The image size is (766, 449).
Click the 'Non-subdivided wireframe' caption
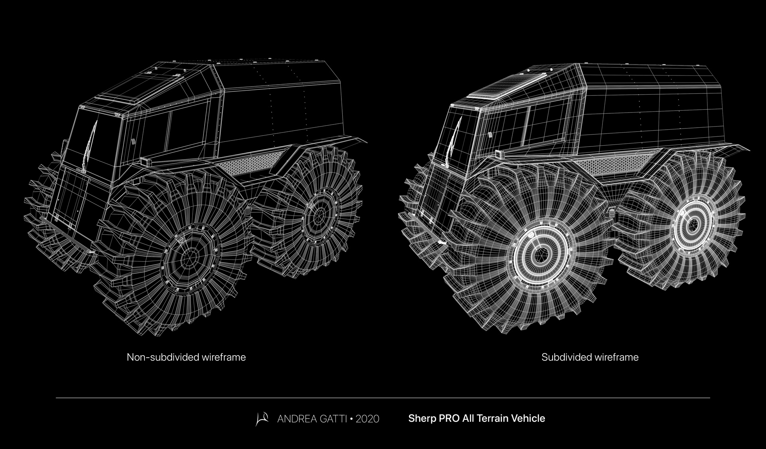(186, 357)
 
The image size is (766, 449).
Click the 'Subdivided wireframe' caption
(590, 357)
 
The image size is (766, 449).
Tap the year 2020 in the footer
(367, 419)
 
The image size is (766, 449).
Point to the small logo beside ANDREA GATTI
(262, 419)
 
